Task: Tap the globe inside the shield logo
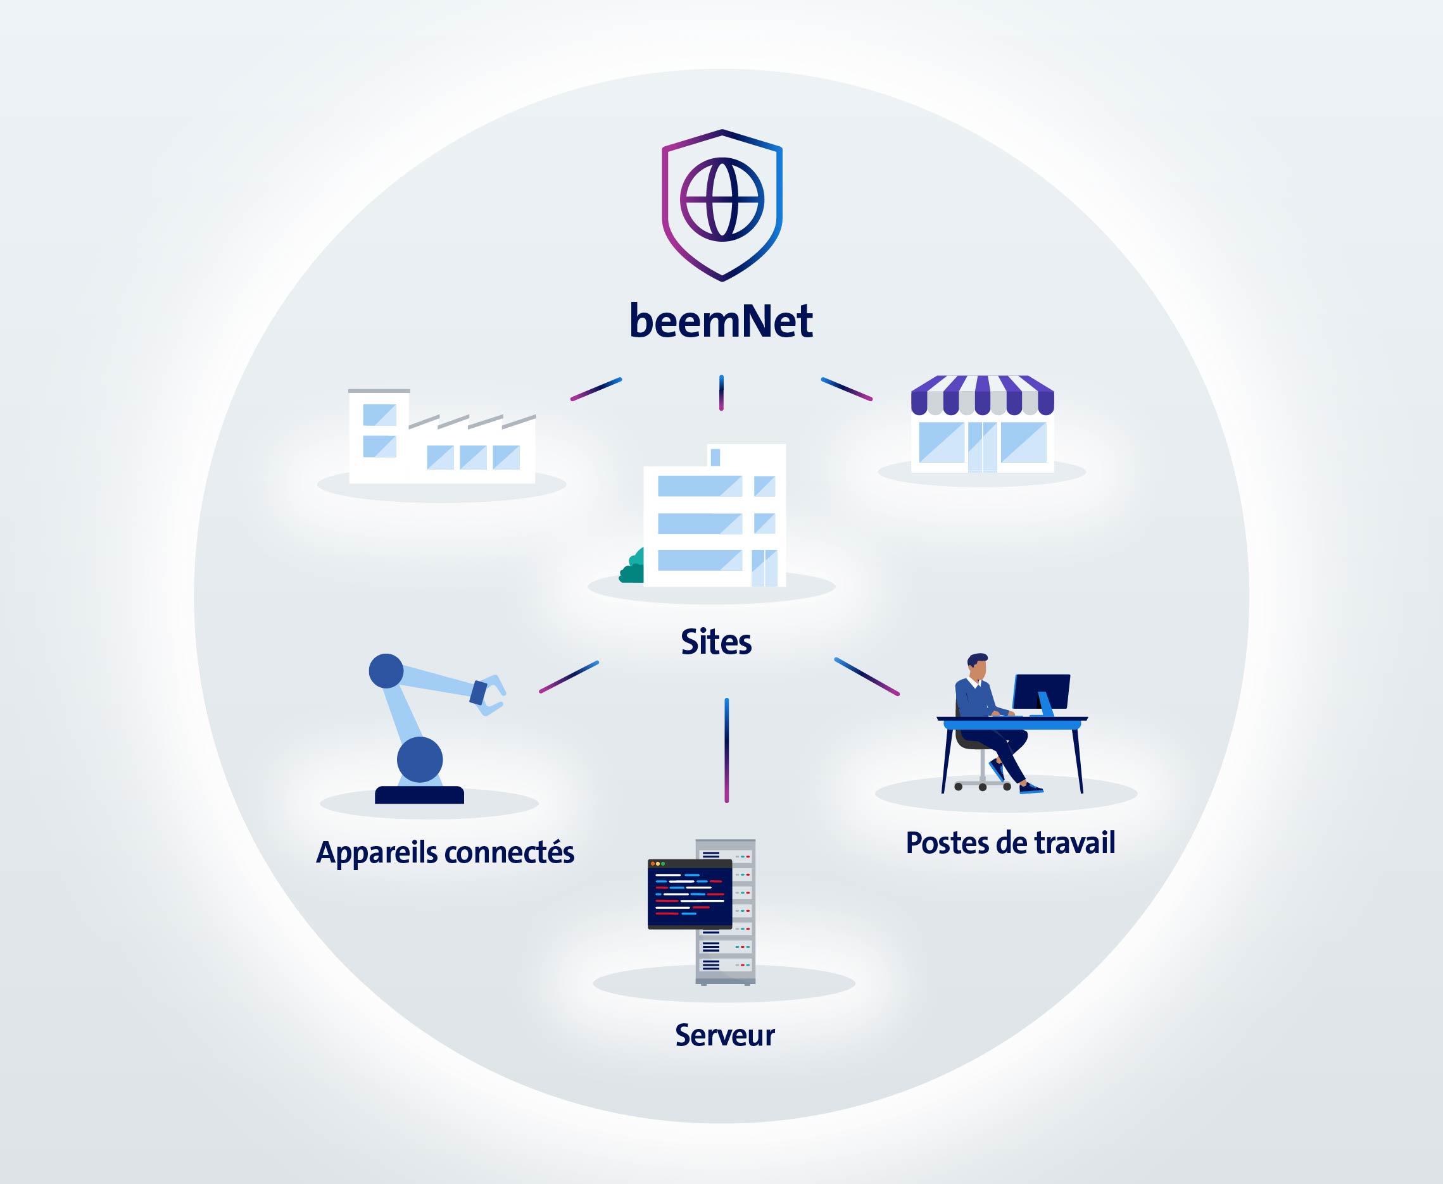722,200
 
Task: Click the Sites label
716,642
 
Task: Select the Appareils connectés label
445,852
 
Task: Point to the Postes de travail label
1011,842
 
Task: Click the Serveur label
724,1035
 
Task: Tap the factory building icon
442,437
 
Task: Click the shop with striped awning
983,423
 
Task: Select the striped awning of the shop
983,395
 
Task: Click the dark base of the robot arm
420,795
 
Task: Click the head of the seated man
978,666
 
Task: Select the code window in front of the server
690,894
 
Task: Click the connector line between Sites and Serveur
727,751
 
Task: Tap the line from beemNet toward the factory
596,389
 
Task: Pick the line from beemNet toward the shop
847,389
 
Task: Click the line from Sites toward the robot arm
569,676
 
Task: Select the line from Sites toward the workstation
867,676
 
